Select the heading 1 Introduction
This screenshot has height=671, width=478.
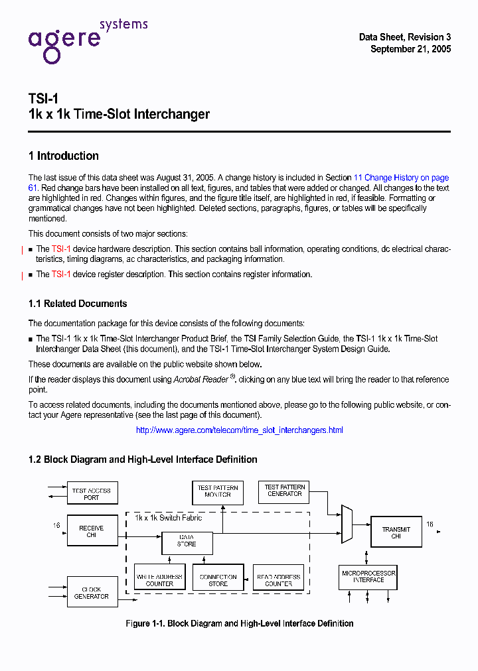point(64,156)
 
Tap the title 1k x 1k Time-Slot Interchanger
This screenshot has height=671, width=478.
point(119,114)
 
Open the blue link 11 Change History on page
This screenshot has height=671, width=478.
point(401,178)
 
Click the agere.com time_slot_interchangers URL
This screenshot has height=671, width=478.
point(239,430)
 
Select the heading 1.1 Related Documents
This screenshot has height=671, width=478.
point(78,304)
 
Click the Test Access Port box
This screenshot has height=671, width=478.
point(92,494)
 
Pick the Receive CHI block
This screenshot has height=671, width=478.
point(92,531)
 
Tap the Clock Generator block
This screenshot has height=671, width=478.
point(92,592)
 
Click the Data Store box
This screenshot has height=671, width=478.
point(187,540)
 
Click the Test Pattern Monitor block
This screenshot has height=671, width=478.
point(218,491)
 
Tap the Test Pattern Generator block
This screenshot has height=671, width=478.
point(284,491)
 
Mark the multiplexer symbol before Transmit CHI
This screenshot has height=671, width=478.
point(347,524)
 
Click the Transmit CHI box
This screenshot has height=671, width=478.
point(396,532)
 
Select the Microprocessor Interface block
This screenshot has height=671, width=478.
point(368,577)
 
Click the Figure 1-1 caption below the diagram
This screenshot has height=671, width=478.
point(239,623)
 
